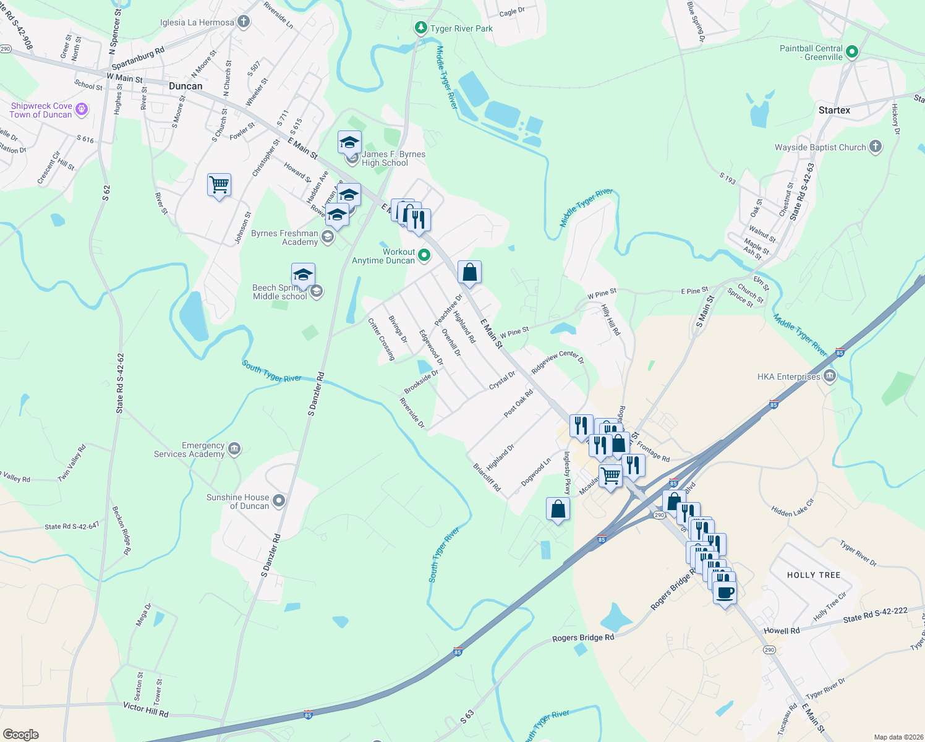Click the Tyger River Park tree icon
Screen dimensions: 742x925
pos(421,28)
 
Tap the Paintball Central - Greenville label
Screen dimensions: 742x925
pos(811,53)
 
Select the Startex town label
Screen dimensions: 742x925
pos(834,110)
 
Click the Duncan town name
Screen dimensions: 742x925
pos(185,86)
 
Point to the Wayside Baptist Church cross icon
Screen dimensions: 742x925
pos(875,147)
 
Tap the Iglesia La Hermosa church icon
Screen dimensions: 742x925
pos(244,22)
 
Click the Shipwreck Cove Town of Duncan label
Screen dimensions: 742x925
pos(41,110)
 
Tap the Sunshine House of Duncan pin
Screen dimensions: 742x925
pos(279,501)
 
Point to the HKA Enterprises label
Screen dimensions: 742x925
pos(789,377)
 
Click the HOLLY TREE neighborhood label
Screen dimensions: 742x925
pos(814,575)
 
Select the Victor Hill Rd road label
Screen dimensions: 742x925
pos(145,709)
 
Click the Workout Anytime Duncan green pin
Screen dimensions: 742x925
pos(424,255)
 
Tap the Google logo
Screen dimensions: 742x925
pos(20,735)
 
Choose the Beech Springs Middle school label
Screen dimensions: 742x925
pos(279,292)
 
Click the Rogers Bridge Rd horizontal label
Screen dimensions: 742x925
pos(583,638)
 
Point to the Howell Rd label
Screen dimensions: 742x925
pos(782,631)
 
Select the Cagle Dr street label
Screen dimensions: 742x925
pos(512,12)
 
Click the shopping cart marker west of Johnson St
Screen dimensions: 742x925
pos(219,184)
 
